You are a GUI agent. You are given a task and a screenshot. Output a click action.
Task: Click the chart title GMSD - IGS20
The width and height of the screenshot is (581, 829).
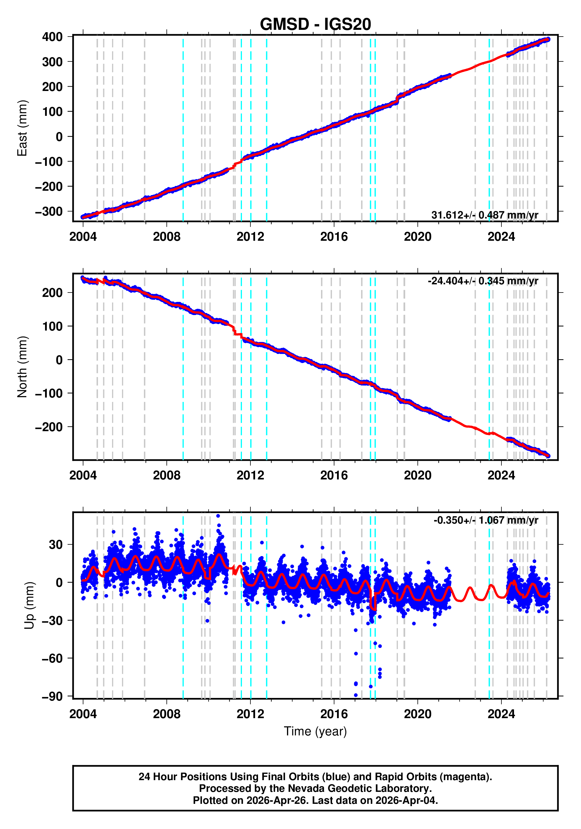point(315,25)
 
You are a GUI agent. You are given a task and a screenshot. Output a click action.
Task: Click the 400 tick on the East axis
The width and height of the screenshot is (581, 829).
point(52,37)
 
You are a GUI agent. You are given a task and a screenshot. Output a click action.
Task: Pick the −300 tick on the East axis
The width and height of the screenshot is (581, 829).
point(49,211)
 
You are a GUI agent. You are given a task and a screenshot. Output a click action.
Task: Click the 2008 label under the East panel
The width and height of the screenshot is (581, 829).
point(166,237)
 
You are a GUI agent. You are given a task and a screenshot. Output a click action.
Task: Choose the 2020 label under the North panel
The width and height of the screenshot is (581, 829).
point(417,476)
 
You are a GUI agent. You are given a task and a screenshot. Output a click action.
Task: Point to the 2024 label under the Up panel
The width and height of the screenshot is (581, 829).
point(501,714)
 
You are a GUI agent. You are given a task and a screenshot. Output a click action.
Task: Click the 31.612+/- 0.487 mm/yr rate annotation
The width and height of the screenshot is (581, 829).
point(484,215)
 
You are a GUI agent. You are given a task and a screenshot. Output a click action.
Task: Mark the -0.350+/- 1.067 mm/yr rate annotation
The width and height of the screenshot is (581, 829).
point(486,520)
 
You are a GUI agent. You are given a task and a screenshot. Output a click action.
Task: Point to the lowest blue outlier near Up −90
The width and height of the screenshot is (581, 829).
point(356,695)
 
